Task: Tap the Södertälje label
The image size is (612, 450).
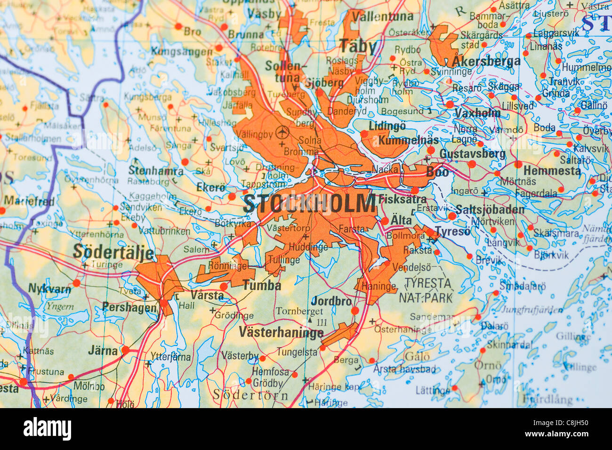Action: click(x=113, y=252)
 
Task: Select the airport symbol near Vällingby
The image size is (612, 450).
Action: click(x=282, y=132)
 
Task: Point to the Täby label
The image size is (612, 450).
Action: click(x=358, y=47)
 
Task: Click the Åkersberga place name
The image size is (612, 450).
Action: click(x=486, y=62)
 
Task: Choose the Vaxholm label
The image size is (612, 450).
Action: click(x=477, y=113)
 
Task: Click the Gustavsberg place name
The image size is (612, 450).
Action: click(x=472, y=154)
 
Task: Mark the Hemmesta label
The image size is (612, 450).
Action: click(x=552, y=170)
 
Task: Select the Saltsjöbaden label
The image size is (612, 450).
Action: click(x=490, y=209)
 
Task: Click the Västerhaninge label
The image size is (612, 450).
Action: click(x=281, y=332)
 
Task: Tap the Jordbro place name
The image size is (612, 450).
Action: click(x=331, y=301)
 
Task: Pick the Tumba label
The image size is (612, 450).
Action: click(x=262, y=285)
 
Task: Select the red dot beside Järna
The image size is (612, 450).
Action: click(x=125, y=350)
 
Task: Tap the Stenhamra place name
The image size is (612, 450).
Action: click(x=155, y=170)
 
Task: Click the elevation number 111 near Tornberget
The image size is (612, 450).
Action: click(x=322, y=322)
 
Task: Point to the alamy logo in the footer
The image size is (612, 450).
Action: click(x=47, y=429)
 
